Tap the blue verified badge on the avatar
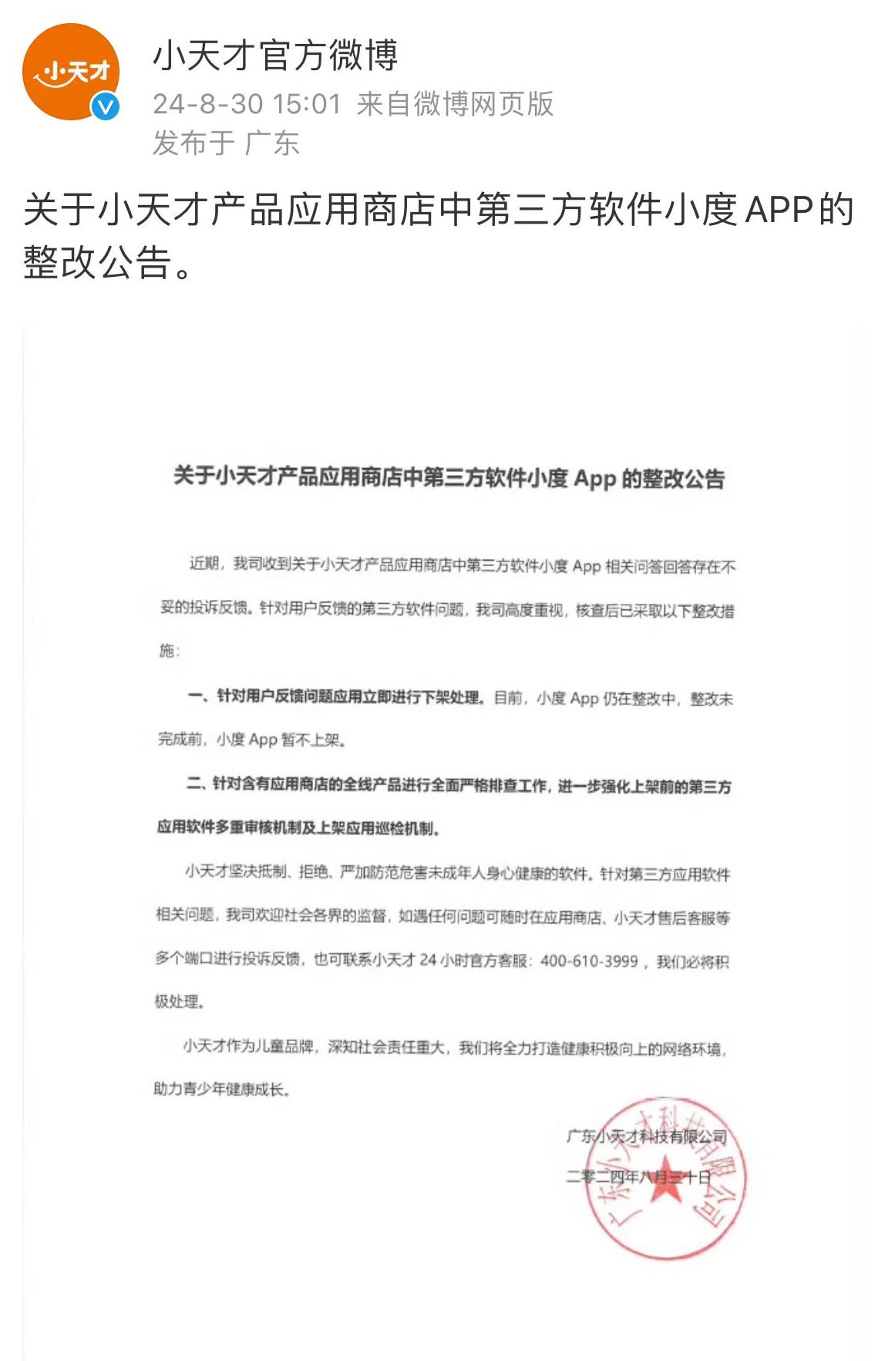tap(106, 106)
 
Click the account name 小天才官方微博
tap(275, 56)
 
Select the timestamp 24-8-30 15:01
tap(247, 104)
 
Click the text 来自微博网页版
tap(456, 104)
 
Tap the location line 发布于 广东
tap(225, 143)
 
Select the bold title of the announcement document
tap(449, 478)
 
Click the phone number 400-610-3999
tap(589, 961)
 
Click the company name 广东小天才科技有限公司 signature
tap(646, 1136)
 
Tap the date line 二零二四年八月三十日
tap(638, 1177)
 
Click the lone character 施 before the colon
tap(167, 651)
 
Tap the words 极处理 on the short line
tap(177, 1002)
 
